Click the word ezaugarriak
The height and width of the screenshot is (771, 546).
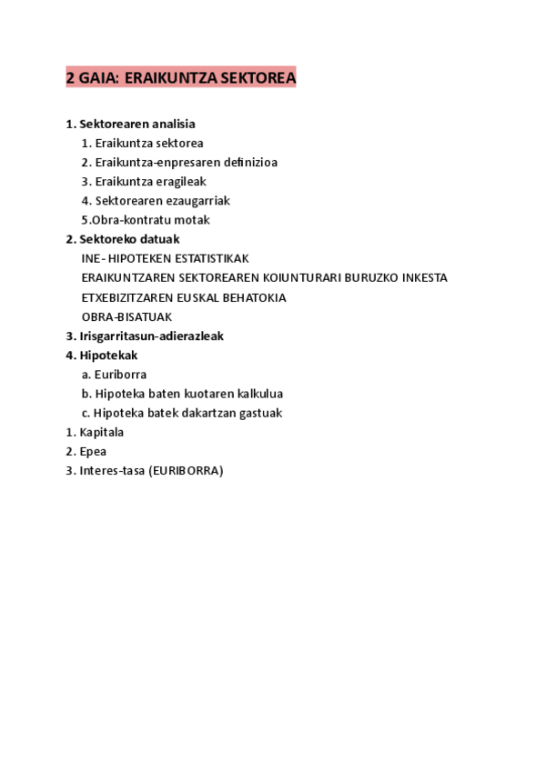click(199, 200)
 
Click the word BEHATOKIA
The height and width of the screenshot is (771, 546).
click(250, 297)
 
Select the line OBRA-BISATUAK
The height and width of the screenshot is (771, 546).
click(126, 316)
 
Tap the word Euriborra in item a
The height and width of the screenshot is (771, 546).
click(120, 374)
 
